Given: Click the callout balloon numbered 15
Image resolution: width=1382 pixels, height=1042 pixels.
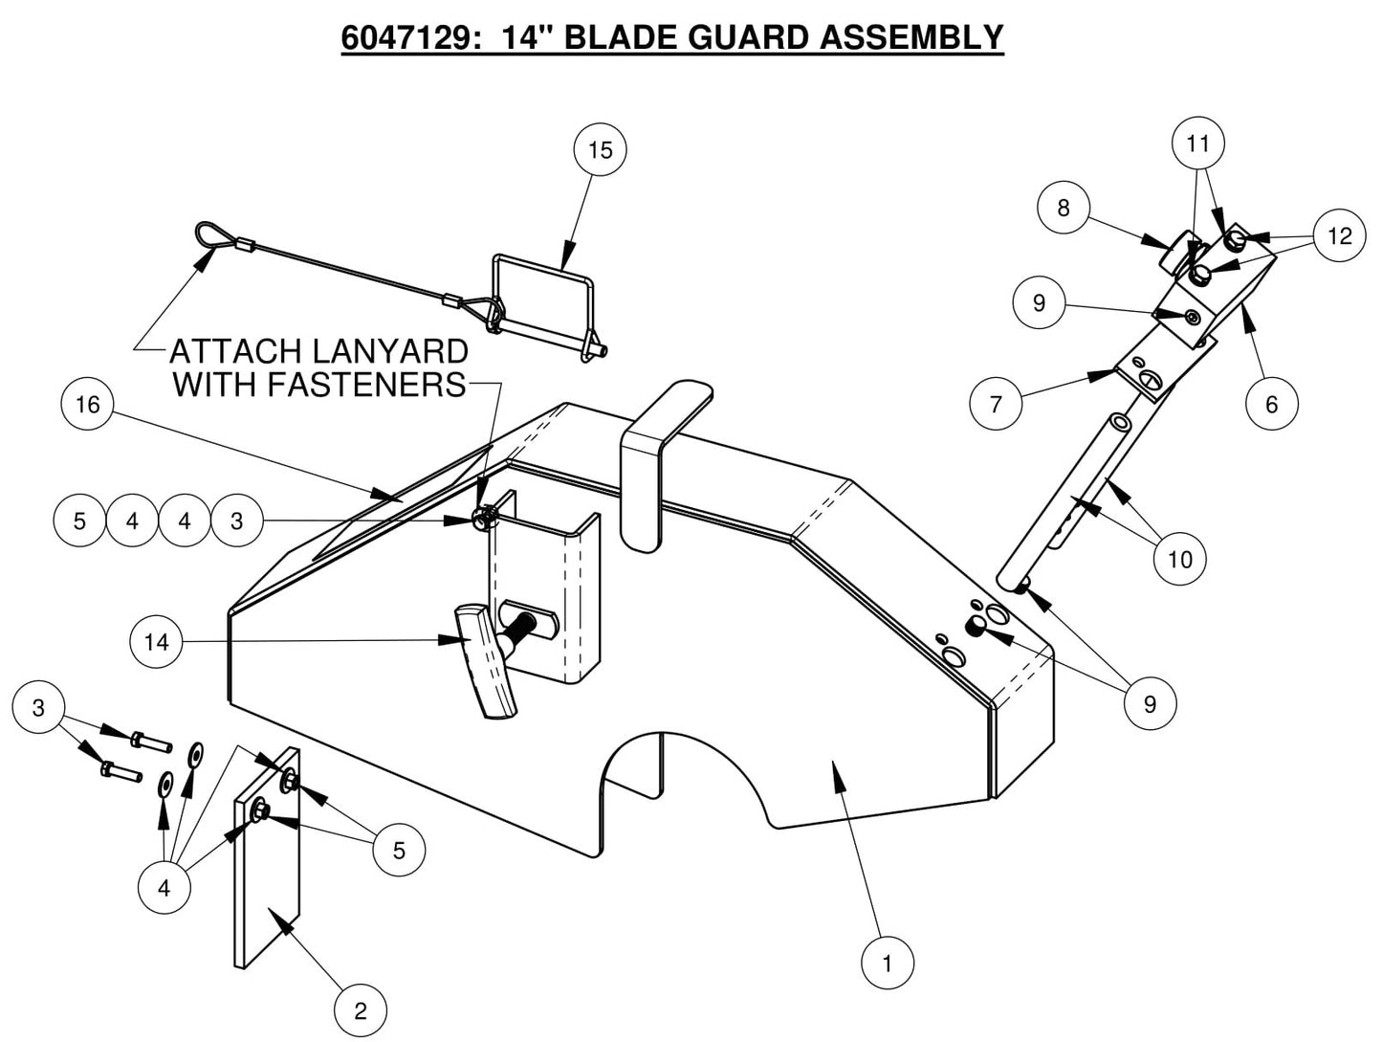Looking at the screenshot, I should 600,150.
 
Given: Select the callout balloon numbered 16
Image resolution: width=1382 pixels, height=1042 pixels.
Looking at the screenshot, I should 87,405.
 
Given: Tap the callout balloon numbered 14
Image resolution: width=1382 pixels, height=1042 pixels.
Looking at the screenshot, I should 156,641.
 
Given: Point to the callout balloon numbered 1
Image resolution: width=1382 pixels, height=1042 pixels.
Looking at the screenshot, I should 887,963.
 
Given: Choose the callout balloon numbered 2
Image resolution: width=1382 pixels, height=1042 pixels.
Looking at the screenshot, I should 361,1011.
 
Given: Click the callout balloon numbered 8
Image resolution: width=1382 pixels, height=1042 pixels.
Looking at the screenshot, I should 1064,208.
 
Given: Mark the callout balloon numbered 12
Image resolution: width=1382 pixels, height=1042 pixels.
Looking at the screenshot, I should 1340,235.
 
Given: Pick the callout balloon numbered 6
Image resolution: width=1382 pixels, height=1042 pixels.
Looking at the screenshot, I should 1271,404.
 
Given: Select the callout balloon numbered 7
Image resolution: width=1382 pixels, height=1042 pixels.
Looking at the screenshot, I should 996,404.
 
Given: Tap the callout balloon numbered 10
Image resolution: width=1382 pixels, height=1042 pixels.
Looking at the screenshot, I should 1180,558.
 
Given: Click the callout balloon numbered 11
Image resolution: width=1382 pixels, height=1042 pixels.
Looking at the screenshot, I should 1197,144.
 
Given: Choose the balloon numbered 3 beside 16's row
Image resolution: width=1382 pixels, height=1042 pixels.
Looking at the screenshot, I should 236,521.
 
